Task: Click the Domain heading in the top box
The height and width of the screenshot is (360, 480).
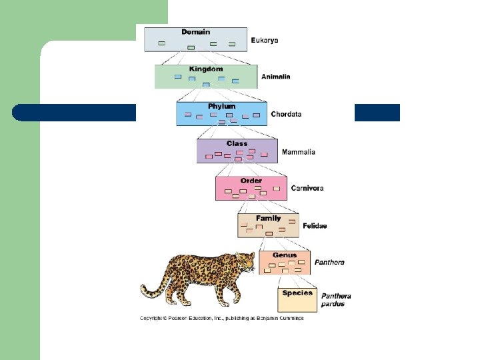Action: [195, 31]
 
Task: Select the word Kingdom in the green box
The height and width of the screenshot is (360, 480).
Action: [206, 69]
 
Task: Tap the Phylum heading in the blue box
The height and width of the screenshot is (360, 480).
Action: [221, 106]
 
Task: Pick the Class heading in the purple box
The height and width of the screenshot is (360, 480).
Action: [237, 143]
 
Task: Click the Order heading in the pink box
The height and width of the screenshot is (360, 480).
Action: [251, 181]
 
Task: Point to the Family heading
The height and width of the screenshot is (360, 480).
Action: [269, 218]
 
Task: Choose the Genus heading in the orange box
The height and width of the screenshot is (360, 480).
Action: [285, 255]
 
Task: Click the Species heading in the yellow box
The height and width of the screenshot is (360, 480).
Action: [297, 293]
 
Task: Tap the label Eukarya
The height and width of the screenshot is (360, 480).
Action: [265, 41]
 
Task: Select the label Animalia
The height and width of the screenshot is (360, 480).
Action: [275, 77]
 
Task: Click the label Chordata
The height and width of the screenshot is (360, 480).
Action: [286, 114]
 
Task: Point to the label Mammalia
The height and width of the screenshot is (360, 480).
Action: [299, 152]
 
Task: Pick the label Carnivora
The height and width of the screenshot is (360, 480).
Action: [307, 188]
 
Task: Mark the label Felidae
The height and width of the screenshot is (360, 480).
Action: [315, 226]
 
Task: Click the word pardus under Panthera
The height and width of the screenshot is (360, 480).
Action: [333, 304]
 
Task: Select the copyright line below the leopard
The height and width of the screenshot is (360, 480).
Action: [221, 318]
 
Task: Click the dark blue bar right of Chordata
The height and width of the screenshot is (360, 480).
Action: [377, 113]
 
